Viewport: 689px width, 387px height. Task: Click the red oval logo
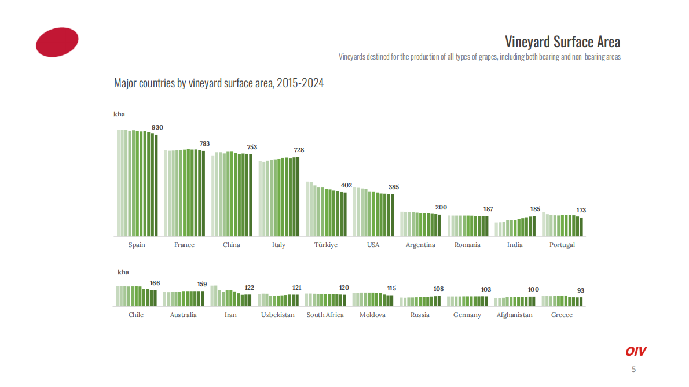[x=57, y=42]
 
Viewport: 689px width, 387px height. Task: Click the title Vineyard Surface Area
[x=562, y=42]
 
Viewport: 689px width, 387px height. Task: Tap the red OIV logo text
[x=636, y=351]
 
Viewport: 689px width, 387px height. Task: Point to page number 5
[x=633, y=370]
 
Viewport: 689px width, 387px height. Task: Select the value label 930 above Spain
[x=157, y=127]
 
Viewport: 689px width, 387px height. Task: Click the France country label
[x=184, y=245]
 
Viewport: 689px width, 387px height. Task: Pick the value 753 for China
[x=252, y=147]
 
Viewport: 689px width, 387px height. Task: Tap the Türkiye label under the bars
[x=326, y=245]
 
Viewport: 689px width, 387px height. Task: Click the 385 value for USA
[x=394, y=187]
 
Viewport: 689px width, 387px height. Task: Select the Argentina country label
[x=420, y=245]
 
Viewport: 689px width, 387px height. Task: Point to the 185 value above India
[x=535, y=208]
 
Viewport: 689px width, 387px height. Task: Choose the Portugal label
[x=562, y=245]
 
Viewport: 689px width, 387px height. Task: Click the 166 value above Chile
[x=155, y=283]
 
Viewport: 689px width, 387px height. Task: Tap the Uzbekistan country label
[x=278, y=315]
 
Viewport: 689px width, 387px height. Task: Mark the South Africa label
[x=325, y=315]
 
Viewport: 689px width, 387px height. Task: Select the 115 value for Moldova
[x=391, y=288]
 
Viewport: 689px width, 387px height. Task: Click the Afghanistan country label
[x=515, y=315]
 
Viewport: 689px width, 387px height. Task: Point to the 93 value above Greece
[x=581, y=290]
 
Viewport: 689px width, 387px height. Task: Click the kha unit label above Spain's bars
[x=119, y=114]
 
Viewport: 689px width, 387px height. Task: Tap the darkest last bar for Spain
[x=156, y=185]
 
